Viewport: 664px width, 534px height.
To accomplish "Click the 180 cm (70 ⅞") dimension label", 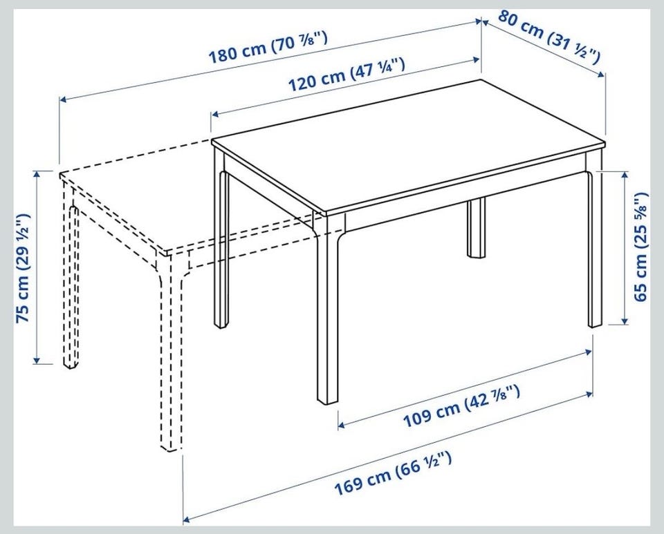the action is click(x=268, y=48).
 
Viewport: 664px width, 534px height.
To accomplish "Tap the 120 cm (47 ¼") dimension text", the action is click(x=347, y=75).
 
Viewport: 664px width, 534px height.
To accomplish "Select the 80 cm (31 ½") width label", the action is click(x=549, y=37).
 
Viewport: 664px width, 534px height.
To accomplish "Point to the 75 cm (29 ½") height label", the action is click(x=24, y=268).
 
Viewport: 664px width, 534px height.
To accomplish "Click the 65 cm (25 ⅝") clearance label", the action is click(x=640, y=247).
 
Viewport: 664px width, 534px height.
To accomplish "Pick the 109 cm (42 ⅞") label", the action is click(x=461, y=406).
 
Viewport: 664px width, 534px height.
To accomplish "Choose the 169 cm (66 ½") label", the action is click(x=393, y=473).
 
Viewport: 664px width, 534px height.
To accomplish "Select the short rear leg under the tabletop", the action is click(x=477, y=227).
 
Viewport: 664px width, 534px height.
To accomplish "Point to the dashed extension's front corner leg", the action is click(x=169, y=355).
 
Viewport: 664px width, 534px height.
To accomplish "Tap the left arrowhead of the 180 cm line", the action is click(x=63, y=99).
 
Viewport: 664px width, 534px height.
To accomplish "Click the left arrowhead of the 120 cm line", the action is click(x=215, y=114).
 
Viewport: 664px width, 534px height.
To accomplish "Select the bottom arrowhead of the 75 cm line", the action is click(x=37, y=360).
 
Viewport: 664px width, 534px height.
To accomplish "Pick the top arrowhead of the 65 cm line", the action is click(x=624, y=175).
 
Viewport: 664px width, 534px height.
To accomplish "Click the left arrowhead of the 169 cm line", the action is click(x=187, y=519).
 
